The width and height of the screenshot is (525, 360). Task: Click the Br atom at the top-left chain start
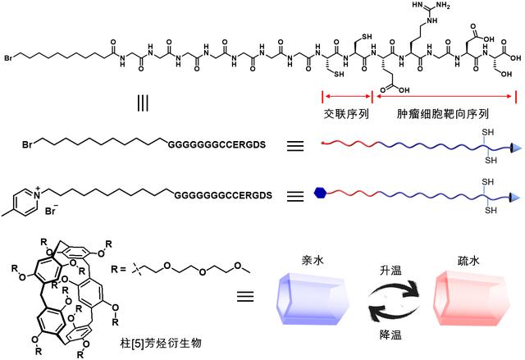click(x=8, y=58)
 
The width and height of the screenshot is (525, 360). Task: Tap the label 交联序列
click(x=344, y=114)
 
